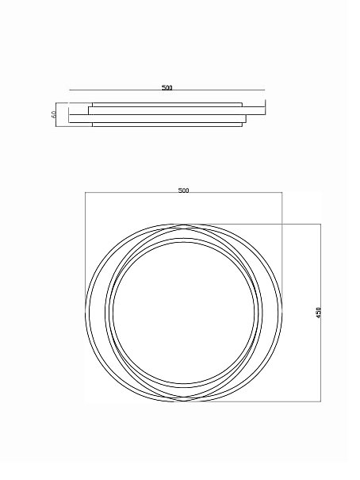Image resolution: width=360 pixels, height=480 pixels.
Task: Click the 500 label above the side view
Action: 167,87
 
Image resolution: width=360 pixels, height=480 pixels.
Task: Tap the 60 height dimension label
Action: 53,114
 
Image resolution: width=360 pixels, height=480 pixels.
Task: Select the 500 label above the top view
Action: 183,190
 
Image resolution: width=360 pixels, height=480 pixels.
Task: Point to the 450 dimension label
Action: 319,313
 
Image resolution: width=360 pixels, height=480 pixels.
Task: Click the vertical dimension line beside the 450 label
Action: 320,313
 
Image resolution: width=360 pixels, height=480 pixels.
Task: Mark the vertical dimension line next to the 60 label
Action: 56,114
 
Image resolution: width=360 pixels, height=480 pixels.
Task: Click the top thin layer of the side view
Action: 167,105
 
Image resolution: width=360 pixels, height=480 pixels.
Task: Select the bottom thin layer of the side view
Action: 167,125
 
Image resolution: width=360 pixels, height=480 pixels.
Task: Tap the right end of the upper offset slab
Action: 265,110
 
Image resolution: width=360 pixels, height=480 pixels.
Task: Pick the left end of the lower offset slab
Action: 69,119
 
